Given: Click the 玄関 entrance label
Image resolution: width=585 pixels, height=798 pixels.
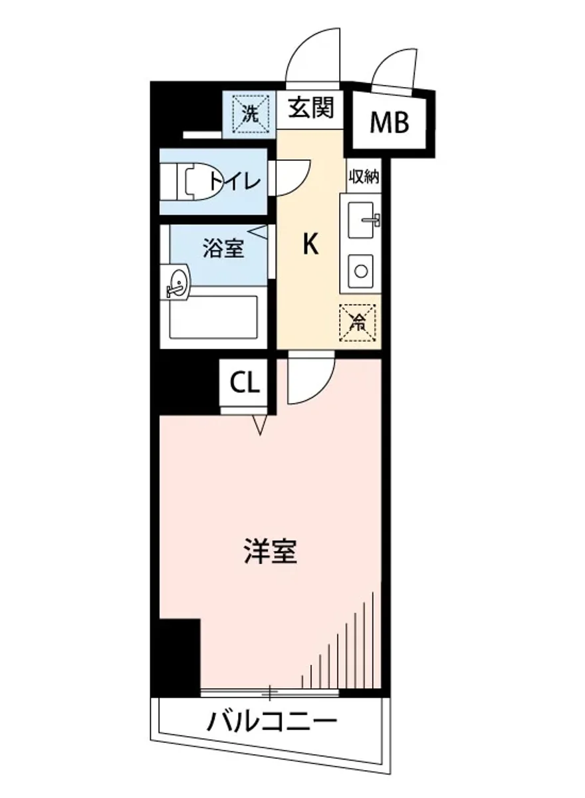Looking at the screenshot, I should point(310,107).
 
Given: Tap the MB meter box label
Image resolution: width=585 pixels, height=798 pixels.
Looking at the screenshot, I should point(390,122).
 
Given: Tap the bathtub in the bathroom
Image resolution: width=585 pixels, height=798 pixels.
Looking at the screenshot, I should point(213,317).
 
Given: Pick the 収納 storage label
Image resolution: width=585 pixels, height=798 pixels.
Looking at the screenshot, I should point(363,177).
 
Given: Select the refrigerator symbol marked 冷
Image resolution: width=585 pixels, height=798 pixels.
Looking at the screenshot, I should point(358,322).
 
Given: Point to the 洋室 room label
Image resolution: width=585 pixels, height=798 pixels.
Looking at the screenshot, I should point(269,551).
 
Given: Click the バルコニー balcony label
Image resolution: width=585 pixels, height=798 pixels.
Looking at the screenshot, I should point(271,722).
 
